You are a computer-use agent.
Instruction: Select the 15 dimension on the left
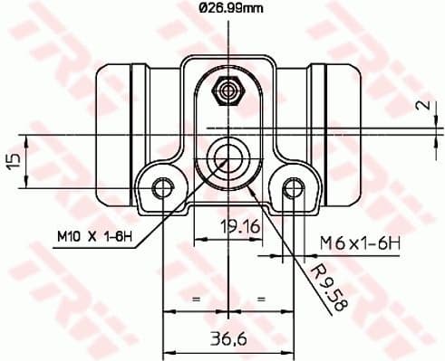click(x=13, y=160)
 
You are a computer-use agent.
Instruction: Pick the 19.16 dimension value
click(x=240, y=228)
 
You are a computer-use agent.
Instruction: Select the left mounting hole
click(x=162, y=188)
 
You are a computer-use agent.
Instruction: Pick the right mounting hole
click(x=292, y=188)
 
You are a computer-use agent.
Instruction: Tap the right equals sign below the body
click(x=260, y=296)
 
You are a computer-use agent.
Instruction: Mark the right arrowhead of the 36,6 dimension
click(x=287, y=350)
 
